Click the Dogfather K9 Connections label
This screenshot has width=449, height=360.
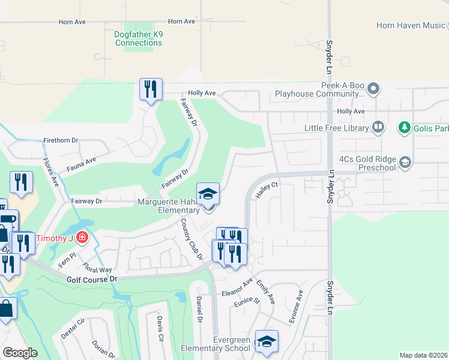tap(139, 38)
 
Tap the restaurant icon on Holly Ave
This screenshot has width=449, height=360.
tap(151, 90)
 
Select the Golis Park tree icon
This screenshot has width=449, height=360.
tap(405, 127)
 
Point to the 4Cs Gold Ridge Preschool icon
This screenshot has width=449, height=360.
tap(405, 161)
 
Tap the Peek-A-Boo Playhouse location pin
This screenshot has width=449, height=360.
tap(373, 89)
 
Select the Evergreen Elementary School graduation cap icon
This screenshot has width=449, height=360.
tap(267, 341)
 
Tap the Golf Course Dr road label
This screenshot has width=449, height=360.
tap(92, 280)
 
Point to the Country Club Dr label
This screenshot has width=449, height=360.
tap(191, 239)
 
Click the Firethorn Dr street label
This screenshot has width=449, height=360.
tap(61, 140)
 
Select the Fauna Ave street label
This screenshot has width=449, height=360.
tap(82, 163)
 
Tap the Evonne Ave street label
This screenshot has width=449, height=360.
tap(296, 308)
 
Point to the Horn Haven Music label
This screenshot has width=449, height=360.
tap(411, 25)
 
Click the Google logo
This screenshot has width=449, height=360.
tap(20, 353)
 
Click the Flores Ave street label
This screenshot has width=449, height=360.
tap(50, 171)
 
